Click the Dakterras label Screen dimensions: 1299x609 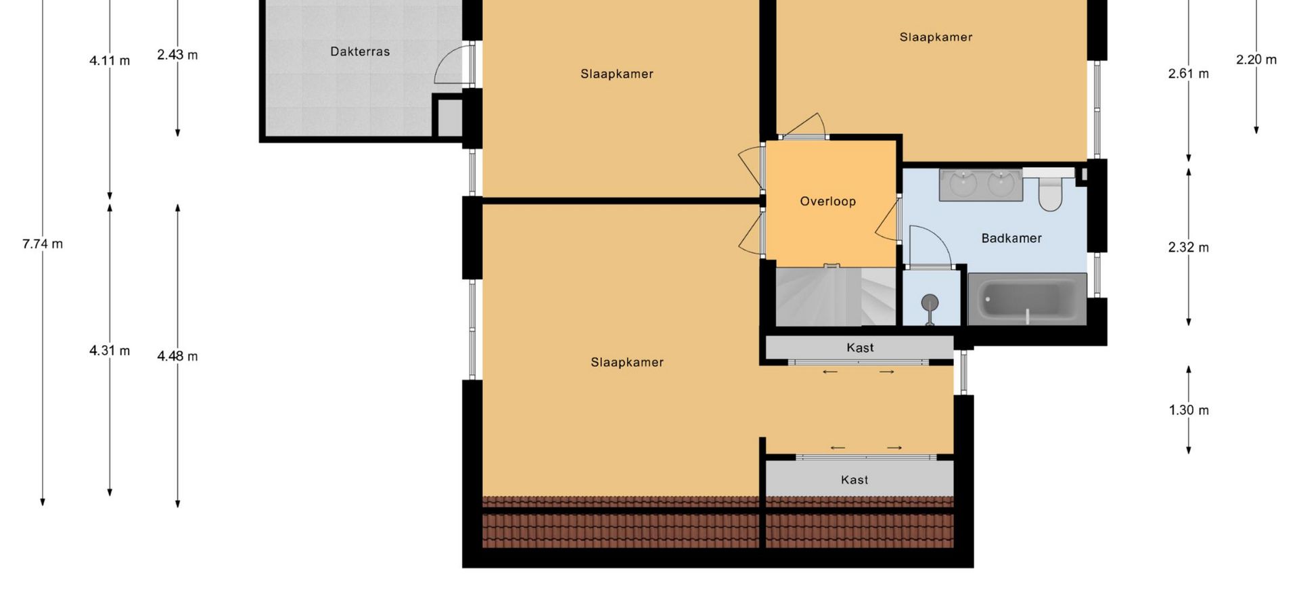[x=360, y=51]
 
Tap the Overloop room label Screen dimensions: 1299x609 [x=827, y=201]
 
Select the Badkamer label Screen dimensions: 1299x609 [x=1011, y=238]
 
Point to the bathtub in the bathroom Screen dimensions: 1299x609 [x=1027, y=298]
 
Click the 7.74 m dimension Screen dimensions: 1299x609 [x=43, y=244]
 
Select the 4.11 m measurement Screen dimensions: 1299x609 [x=110, y=61]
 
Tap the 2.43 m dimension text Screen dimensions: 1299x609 [x=177, y=55]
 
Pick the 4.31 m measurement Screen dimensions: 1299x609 [x=110, y=351]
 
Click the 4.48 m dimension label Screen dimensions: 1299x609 [x=177, y=356]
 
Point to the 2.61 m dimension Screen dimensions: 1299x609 [x=1188, y=74]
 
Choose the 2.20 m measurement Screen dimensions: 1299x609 [x=1256, y=60]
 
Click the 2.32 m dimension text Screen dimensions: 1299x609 [x=1188, y=248]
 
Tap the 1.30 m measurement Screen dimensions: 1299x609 [x=1189, y=410]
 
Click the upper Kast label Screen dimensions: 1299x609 [x=860, y=348]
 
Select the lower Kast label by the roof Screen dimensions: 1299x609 [x=854, y=480]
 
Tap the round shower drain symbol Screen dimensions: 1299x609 [x=930, y=302]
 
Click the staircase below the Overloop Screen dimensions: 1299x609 [x=836, y=296]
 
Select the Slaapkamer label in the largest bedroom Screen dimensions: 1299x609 [x=627, y=363]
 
